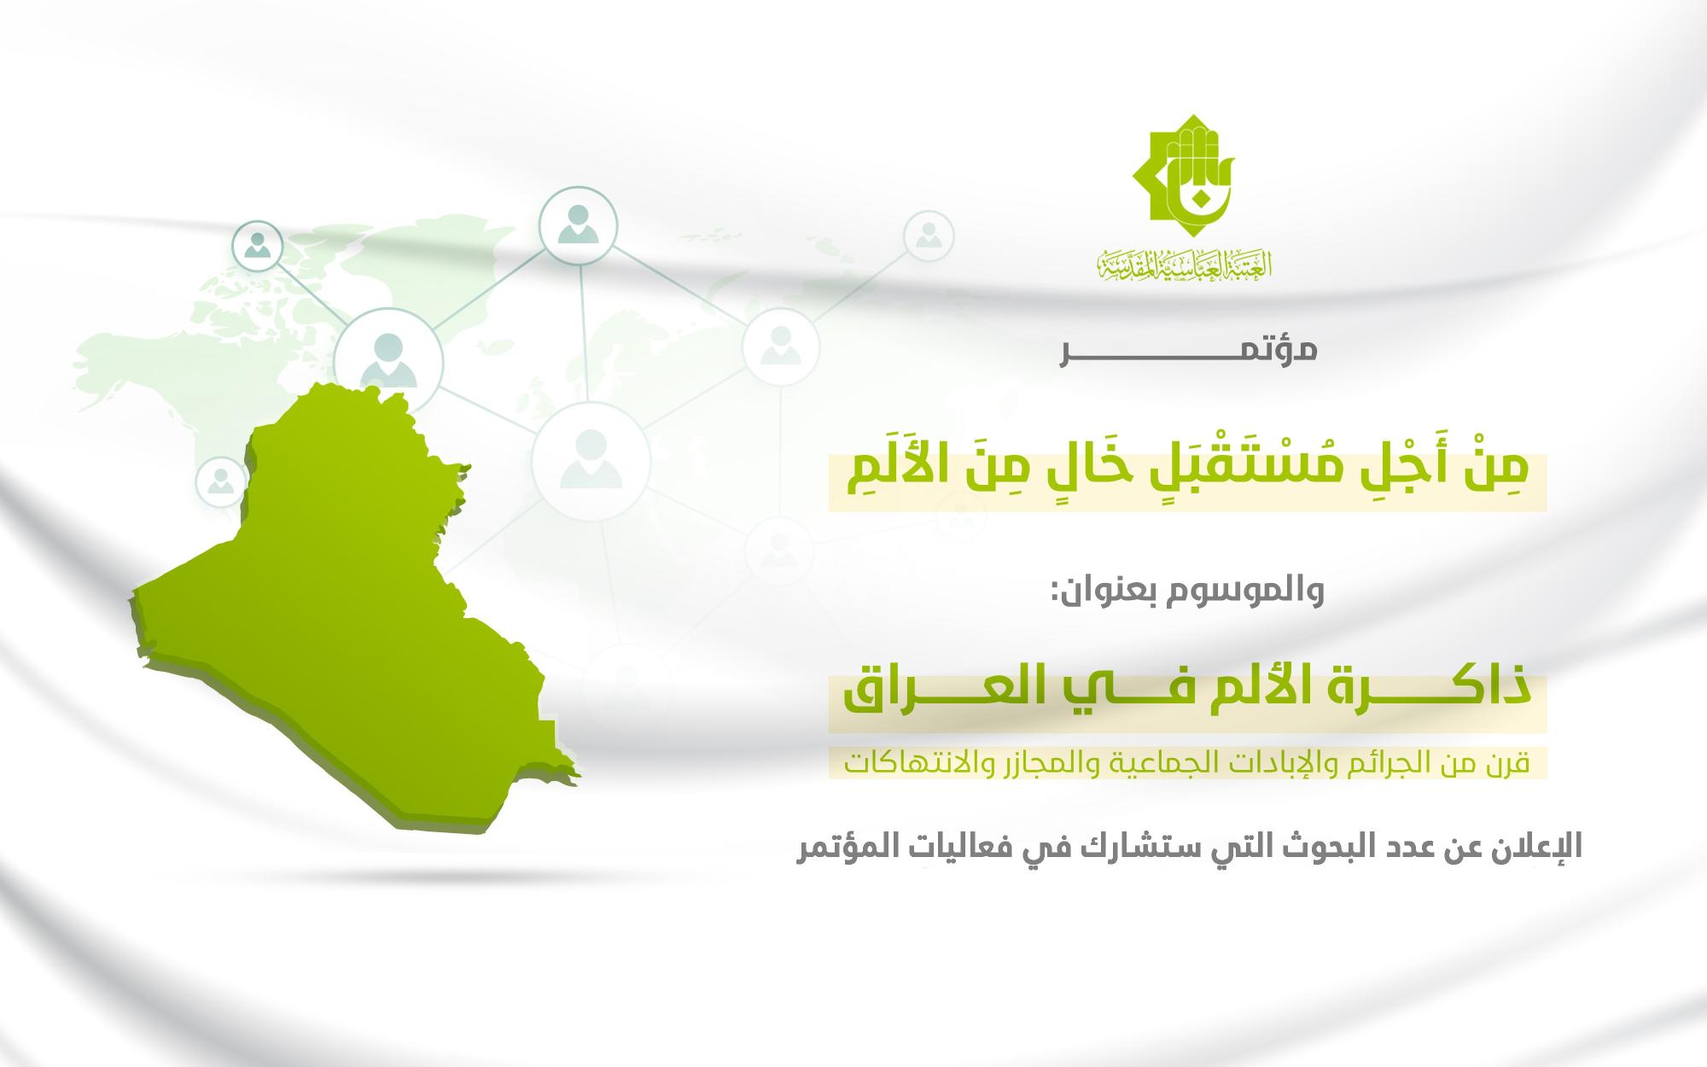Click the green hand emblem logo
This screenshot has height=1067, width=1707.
pos(1183,178)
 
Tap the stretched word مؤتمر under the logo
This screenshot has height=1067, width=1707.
pos(1189,351)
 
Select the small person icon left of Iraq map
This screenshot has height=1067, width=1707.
pos(222,482)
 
